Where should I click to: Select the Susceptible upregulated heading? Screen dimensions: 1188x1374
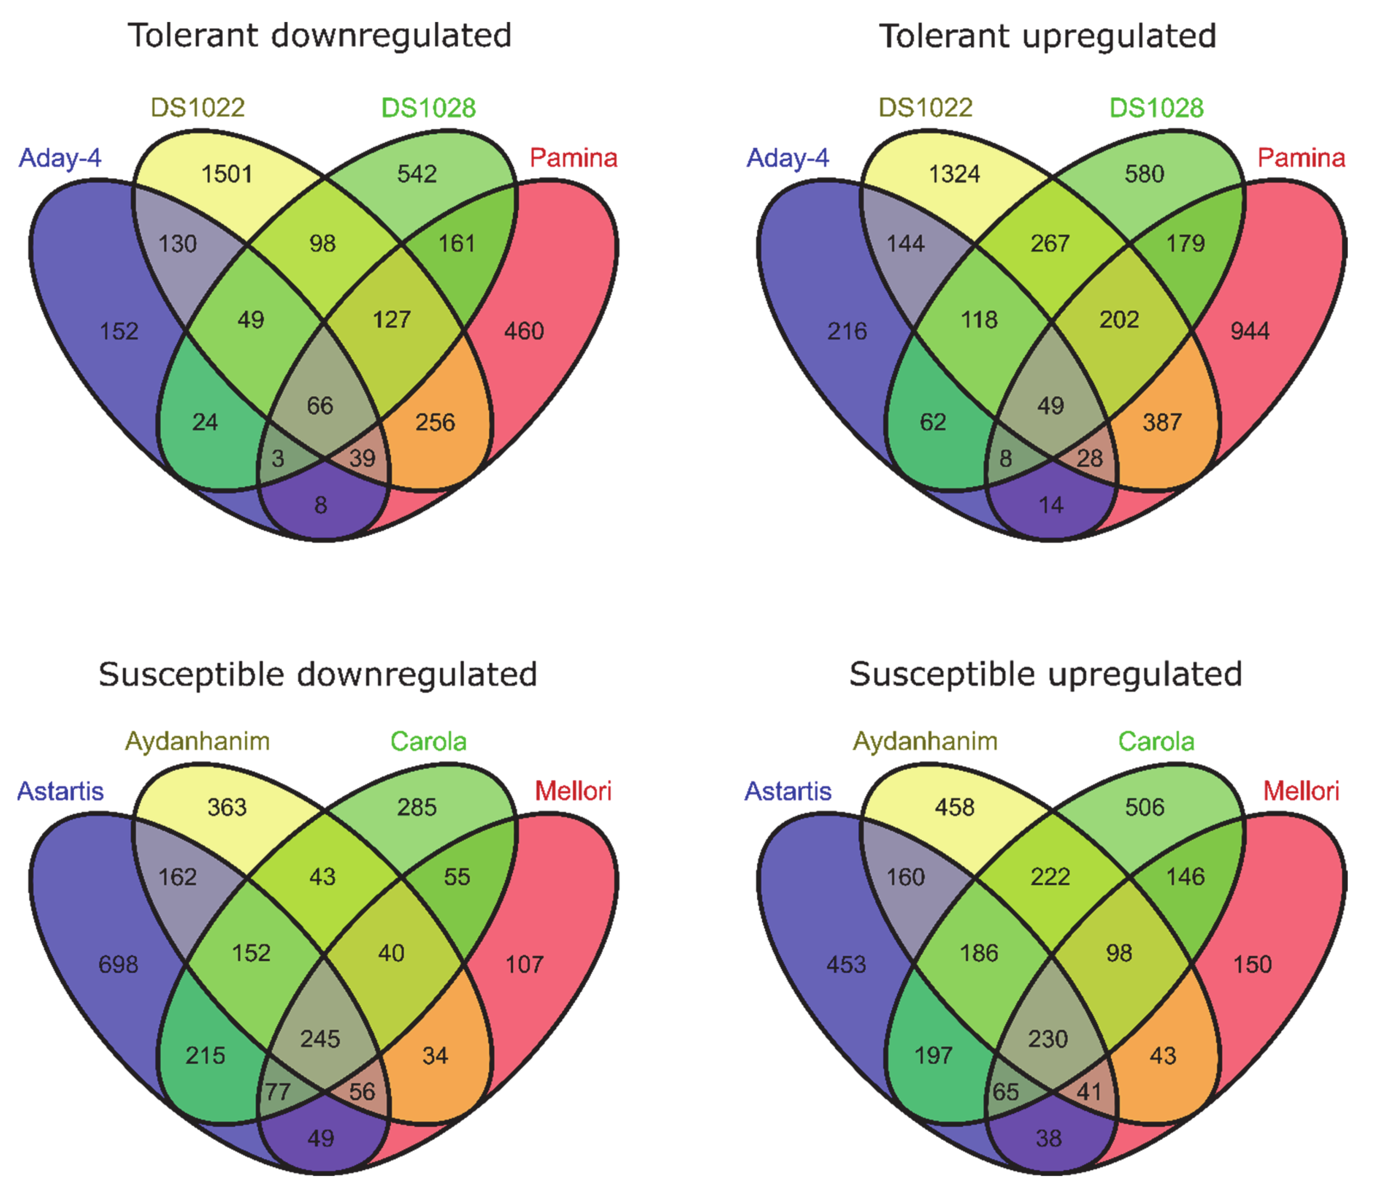1046,675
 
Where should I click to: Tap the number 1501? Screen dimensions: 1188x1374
227,175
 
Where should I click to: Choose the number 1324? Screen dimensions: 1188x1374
954,175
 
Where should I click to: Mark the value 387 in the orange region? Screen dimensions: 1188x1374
1162,422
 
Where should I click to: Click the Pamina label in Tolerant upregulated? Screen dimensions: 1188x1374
1301,158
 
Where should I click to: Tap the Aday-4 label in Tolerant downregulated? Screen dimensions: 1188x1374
60,158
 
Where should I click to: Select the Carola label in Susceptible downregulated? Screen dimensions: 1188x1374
428,741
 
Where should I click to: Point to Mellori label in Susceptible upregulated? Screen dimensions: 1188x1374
1301,791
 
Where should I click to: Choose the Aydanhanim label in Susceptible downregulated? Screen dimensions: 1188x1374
198,741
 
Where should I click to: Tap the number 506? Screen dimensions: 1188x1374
1144,807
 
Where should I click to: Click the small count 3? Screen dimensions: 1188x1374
278,458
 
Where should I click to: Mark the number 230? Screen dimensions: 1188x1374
1048,1039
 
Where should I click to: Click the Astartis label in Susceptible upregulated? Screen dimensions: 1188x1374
788,791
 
